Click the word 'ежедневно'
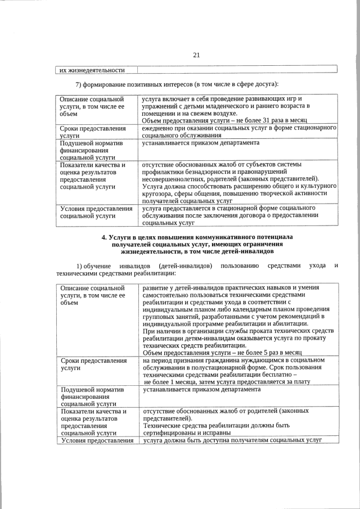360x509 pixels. [158, 129]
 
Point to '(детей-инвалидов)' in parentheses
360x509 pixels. [185, 265]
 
